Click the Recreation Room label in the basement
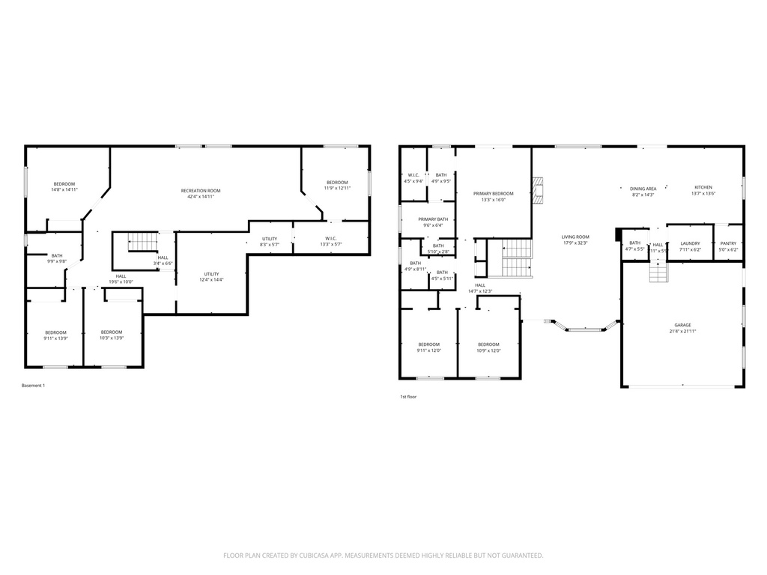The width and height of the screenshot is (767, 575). coord(201,191)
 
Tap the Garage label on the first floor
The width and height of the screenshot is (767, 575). coord(682,325)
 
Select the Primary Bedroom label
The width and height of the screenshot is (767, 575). coord(493,193)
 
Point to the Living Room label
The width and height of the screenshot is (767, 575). coord(575,237)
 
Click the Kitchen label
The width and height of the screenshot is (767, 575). coord(703,187)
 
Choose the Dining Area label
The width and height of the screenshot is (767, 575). coord(643,189)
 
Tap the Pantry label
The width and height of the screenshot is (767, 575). coord(728,243)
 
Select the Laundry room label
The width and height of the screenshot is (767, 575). coord(690,243)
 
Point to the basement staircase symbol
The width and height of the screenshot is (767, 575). coord(142,242)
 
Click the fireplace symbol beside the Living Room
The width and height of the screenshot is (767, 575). coord(536,190)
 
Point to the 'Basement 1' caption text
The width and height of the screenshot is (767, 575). coord(33,386)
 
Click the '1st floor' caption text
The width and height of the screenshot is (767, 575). coord(408,398)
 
